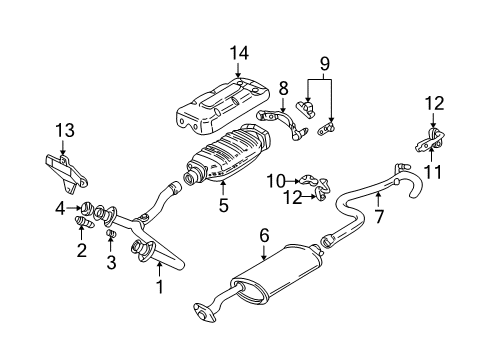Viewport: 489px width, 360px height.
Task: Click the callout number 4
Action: [59, 209]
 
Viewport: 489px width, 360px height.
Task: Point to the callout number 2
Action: [81, 251]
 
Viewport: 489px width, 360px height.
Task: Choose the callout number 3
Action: [111, 263]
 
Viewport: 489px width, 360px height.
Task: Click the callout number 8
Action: [283, 87]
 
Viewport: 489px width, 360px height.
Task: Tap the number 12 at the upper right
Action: [433, 101]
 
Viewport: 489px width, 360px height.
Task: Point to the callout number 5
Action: [224, 207]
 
